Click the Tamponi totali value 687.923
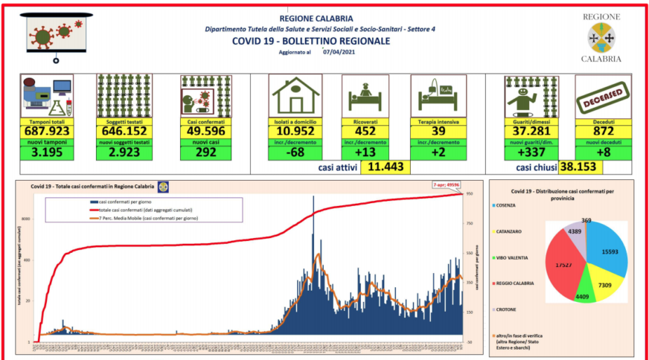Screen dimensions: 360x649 (x=46, y=130)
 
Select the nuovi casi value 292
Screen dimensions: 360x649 (x=205, y=153)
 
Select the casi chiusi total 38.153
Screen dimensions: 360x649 (x=581, y=167)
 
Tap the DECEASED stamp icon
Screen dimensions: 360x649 (x=602, y=95)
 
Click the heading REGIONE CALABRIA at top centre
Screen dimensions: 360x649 (x=316, y=18)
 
